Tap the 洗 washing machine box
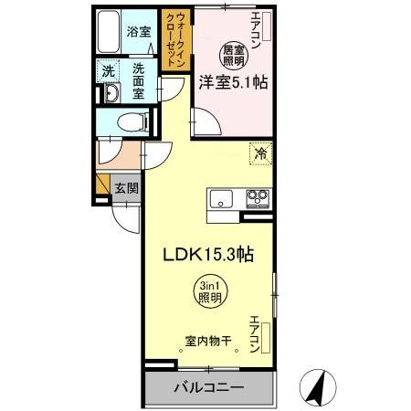tap(110, 69)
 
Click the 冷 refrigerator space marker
tap(260, 154)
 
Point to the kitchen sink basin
tap(222, 197)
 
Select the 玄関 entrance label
tap(127, 189)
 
